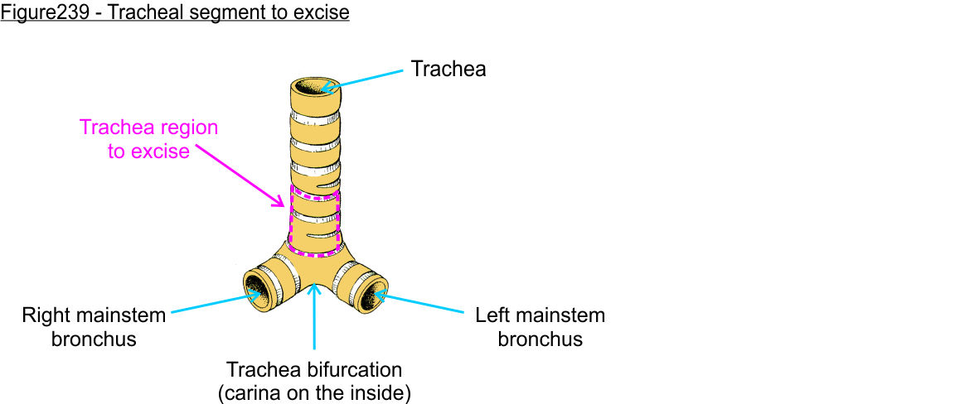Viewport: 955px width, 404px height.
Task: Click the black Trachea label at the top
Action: pyautogui.click(x=448, y=70)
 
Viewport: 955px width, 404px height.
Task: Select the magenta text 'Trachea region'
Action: pyautogui.click(x=148, y=128)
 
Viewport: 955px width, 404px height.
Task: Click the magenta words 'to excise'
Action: pyautogui.click(x=148, y=151)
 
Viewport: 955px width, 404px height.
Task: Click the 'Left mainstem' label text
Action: pyautogui.click(x=540, y=315)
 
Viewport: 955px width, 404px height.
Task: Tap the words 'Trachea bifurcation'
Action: pyautogui.click(x=314, y=369)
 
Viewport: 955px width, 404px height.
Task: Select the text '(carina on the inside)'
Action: pyautogui.click(x=314, y=392)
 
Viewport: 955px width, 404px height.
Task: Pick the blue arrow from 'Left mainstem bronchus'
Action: pyautogui.click(x=423, y=303)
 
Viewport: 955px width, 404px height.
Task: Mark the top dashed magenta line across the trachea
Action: pyautogui.click(x=315, y=197)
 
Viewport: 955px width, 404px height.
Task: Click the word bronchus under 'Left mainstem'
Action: pyautogui.click(x=540, y=339)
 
